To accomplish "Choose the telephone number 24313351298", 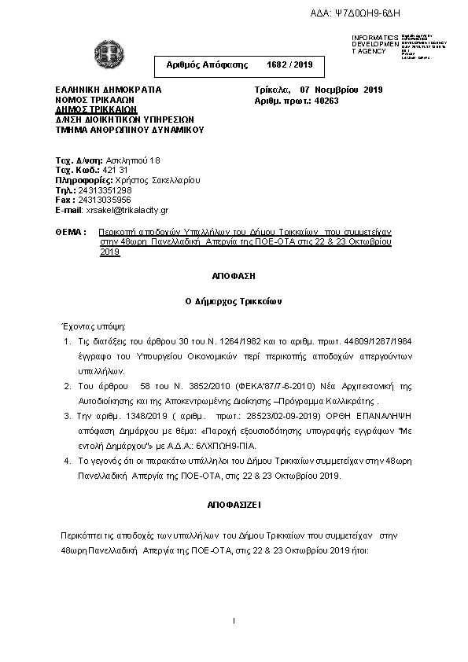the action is click(x=105, y=190).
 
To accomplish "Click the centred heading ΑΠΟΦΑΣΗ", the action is click(x=234, y=277).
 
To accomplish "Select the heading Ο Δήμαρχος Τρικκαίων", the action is click(x=234, y=301).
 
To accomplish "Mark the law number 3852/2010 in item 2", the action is click(x=189, y=387).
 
